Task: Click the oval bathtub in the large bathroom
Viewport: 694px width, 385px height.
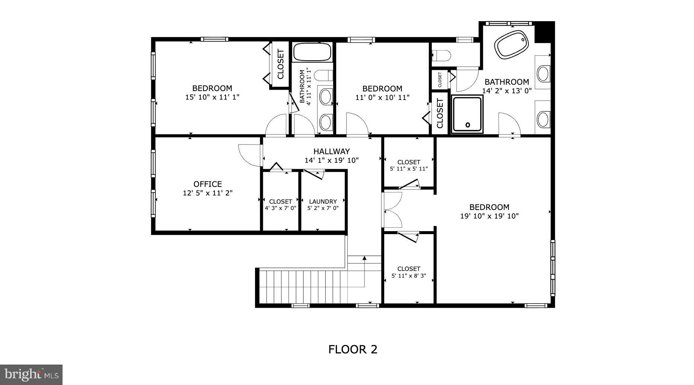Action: tap(511, 44)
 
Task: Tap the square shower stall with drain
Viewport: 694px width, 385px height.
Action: tap(467, 114)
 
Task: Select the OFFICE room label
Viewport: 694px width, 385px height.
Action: tap(207, 184)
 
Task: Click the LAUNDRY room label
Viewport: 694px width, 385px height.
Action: tap(323, 201)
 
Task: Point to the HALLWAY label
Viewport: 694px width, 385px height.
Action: tap(331, 152)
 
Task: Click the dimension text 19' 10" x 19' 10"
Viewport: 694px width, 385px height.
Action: tap(489, 216)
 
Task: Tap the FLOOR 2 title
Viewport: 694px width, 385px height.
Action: tap(353, 349)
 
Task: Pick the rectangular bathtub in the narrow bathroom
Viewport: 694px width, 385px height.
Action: tap(312, 52)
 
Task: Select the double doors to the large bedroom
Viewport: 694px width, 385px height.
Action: tap(392, 210)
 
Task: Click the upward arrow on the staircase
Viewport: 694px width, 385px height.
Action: tap(364, 258)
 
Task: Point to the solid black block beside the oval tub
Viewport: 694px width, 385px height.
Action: tap(544, 33)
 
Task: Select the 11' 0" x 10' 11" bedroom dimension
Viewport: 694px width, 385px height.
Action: tap(382, 98)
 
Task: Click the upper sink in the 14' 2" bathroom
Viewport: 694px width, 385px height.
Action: tap(543, 73)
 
